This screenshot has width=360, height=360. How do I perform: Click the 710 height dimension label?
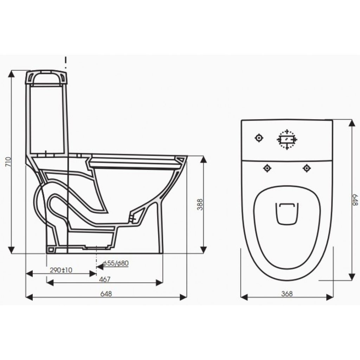pos(8,162)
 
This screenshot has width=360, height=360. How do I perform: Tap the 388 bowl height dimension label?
pos(200,204)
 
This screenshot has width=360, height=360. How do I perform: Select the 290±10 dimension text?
pos(61,270)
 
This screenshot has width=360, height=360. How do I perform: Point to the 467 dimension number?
pos(105,279)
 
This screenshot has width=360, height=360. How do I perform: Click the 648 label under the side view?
pos(106,294)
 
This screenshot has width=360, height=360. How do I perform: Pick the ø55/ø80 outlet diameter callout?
pos(116,263)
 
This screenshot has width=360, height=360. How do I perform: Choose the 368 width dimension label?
pos(287,294)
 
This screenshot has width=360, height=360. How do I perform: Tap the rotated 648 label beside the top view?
pos(355,200)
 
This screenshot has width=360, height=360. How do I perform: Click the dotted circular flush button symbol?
pos(287,139)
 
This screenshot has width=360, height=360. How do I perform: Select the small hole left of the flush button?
pos(259,138)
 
